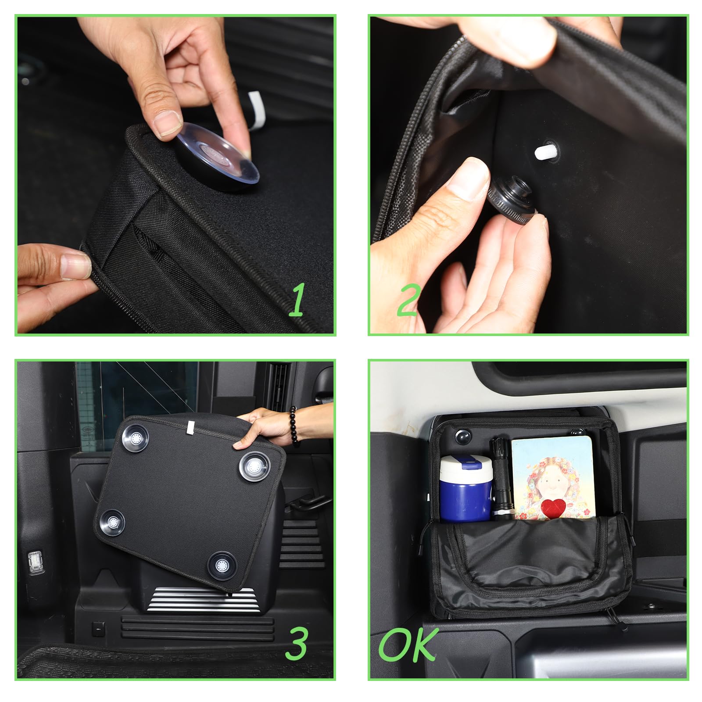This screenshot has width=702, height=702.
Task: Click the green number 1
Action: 297,300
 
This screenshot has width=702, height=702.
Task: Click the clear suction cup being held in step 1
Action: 217,157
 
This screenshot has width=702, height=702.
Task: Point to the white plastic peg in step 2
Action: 544,152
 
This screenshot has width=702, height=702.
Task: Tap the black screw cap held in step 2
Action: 511,195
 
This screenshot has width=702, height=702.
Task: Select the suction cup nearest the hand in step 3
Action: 254,466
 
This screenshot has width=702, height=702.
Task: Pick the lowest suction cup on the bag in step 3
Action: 222,565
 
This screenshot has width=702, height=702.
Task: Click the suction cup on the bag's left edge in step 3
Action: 112,522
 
